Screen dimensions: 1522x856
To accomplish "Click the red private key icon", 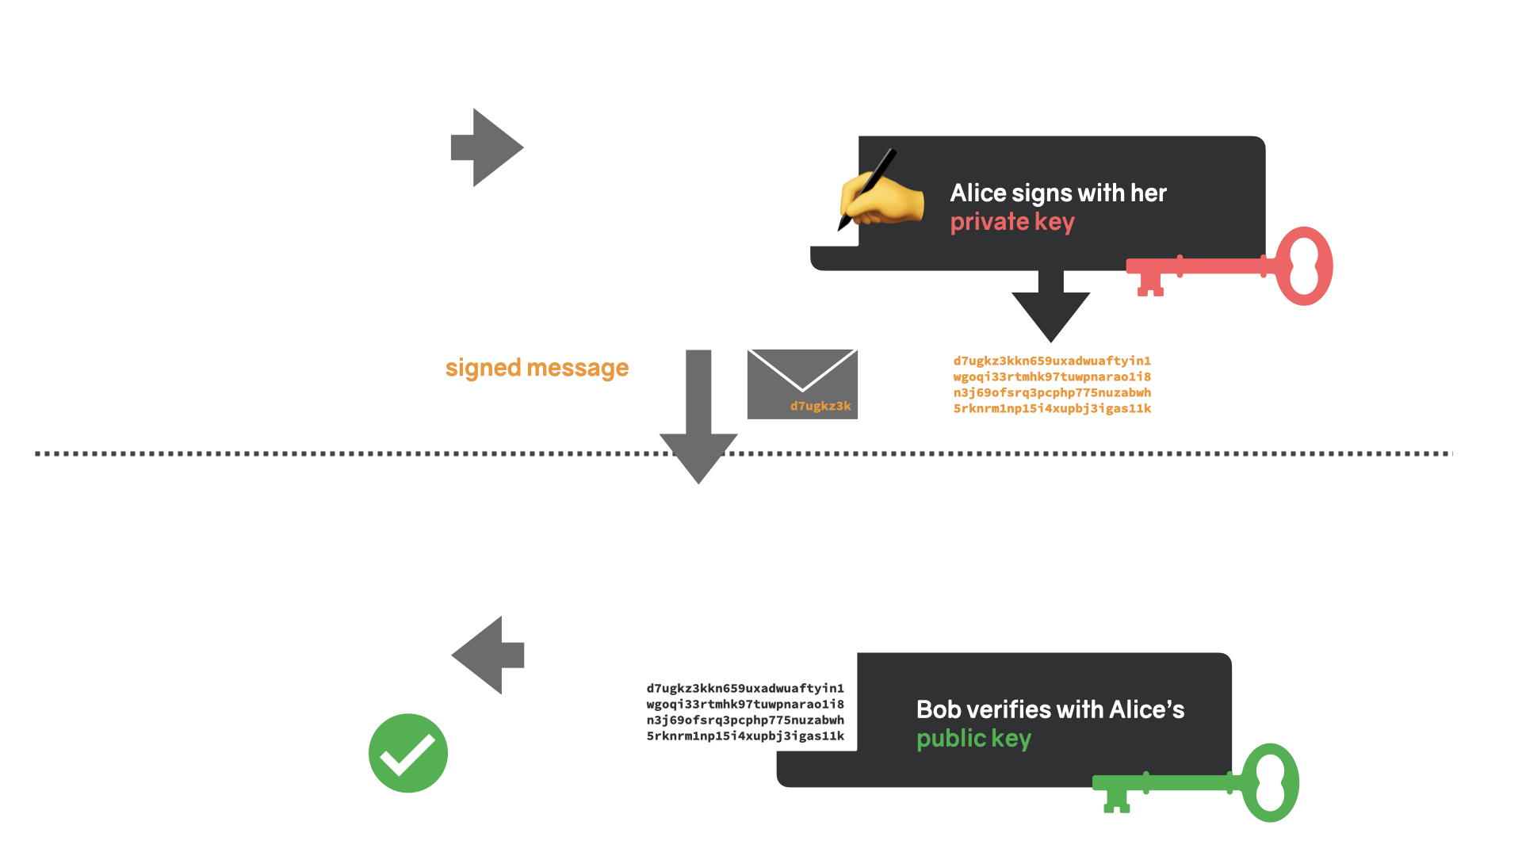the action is point(1189,266).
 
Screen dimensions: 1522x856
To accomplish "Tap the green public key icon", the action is point(1157,783).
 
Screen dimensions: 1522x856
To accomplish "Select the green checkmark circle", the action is point(408,753).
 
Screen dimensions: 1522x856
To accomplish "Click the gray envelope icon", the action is point(802,384).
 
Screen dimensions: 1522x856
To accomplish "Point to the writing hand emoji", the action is point(880,194).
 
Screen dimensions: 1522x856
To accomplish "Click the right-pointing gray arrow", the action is point(488,147).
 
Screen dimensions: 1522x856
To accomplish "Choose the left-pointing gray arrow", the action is point(488,655).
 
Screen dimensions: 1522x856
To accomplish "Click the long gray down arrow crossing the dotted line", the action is point(698,417).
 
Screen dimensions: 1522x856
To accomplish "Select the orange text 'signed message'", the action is point(537,369).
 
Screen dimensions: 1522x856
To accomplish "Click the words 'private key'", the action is point(1012,223).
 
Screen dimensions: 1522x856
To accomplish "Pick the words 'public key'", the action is point(974,739).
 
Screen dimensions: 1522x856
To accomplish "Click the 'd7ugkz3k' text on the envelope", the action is point(820,406).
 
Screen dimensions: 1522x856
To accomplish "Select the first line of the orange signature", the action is point(1052,361).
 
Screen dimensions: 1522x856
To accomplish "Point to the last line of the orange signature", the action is point(1052,408).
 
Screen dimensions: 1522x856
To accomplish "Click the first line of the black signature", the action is point(745,688).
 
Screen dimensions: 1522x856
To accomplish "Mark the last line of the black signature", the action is point(745,736).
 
